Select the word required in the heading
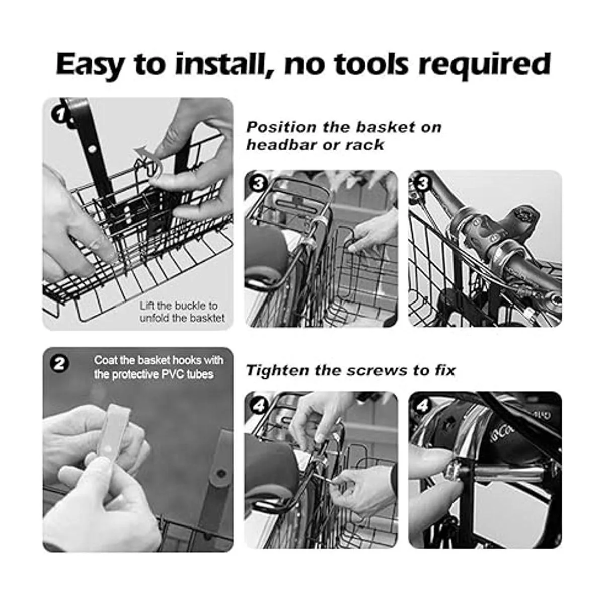click(x=485, y=65)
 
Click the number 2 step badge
click(x=59, y=364)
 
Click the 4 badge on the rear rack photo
click(x=258, y=406)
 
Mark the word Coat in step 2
click(x=106, y=360)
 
